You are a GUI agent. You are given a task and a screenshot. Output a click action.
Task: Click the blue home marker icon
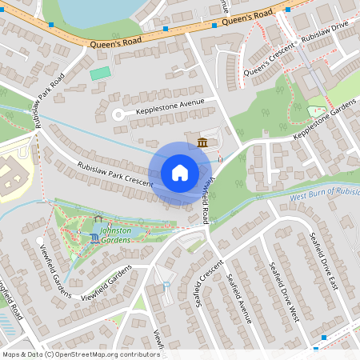click(180, 173)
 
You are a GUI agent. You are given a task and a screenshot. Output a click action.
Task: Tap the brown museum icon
click(202, 142)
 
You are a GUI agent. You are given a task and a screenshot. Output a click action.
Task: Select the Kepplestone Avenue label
click(170, 106)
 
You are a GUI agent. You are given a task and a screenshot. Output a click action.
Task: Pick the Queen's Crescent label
click(271, 60)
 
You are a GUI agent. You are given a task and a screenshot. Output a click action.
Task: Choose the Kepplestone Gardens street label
click(324, 120)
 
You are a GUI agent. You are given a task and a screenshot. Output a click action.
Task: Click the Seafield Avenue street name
click(239, 298)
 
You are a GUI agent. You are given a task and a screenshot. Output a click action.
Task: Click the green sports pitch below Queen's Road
click(100, 74)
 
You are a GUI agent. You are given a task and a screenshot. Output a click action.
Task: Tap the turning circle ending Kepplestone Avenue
click(118, 114)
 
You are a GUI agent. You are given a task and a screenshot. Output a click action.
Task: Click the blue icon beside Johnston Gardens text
click(95, 238)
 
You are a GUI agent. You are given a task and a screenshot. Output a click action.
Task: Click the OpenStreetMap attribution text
click(80, 354)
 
